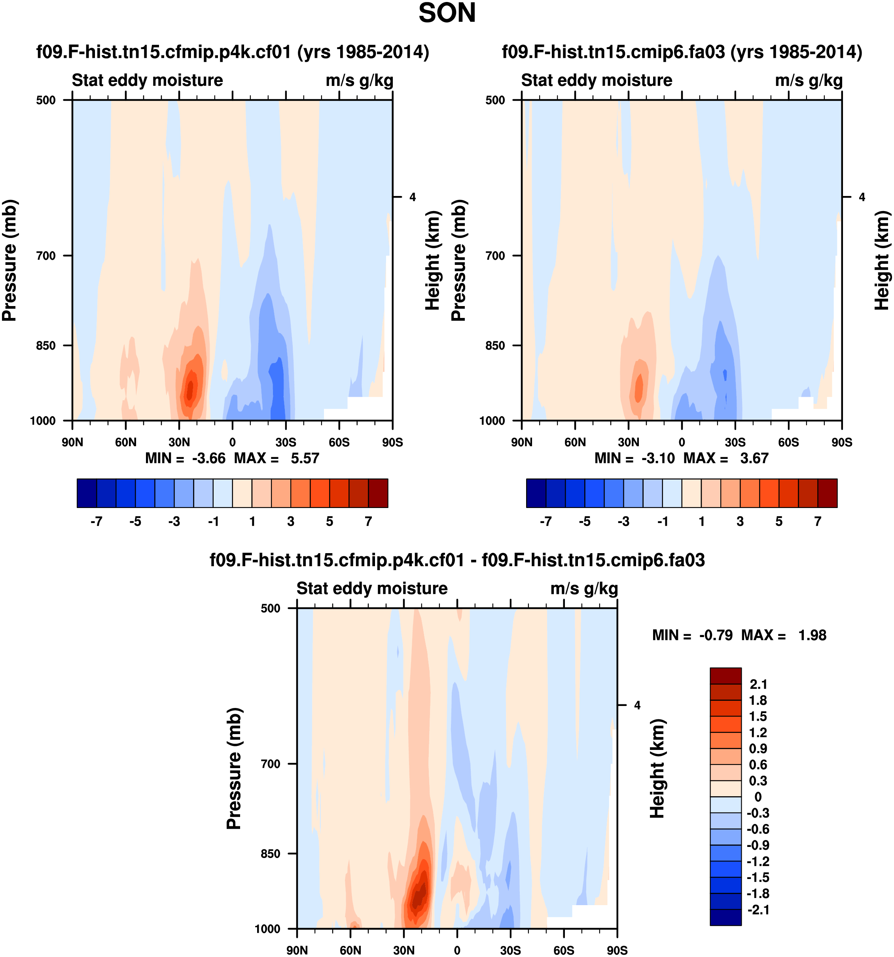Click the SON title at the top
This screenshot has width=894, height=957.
click(447, 13)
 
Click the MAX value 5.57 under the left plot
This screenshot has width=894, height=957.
click(305, 458)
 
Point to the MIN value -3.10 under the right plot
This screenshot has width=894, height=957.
click(658, 458)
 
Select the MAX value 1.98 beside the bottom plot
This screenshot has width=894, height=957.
click(812, 635)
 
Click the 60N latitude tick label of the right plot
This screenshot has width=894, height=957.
click(575, 442)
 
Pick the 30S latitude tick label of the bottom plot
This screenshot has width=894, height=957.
click(510, 950)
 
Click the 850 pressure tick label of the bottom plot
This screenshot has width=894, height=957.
click(270, 854)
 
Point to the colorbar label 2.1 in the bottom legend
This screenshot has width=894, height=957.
click(758, 684)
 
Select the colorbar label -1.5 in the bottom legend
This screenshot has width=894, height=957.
click(758, 877)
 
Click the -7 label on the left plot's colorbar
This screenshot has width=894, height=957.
click(96, 521)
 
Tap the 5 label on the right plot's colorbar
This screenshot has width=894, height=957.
click(778, 521)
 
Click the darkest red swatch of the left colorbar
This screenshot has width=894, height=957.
click(378, 493)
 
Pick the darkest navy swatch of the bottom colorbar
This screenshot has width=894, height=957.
click(725, 917)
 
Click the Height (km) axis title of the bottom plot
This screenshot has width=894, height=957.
click(657, 769)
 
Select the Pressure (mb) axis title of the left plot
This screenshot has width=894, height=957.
click(9, 260)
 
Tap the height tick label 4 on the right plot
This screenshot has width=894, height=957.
click(862, 197)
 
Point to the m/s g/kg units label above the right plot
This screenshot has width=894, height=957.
click(809, 80)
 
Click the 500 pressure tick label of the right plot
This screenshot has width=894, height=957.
click(495, 100)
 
